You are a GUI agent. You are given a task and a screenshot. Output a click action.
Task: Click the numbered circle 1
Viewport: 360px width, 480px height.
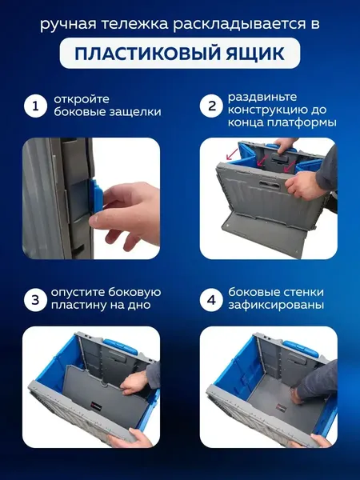(34, 106)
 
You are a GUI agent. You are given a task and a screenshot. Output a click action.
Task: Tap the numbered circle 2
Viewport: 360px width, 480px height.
(212, 106)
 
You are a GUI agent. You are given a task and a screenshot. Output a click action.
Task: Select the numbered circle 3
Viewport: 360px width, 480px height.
(34, 300)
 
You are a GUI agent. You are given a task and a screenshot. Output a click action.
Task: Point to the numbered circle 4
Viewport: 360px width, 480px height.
(212, 300)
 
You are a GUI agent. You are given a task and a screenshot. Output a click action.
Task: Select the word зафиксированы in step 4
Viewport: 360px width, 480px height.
(276, 306)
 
